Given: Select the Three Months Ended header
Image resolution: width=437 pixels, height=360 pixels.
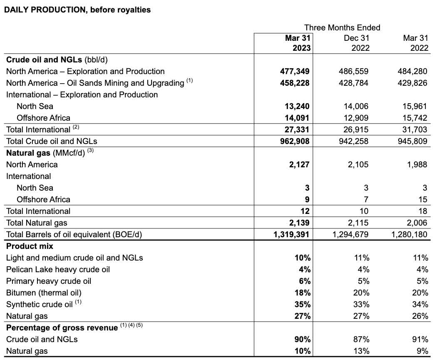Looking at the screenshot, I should pyautogui.click(x=342, y=27).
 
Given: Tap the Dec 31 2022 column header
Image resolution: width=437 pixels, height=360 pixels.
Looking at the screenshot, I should pyautogui.click(x=356, y=43).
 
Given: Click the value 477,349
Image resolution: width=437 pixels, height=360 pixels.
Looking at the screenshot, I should pyautogui.click(x=294, y=71).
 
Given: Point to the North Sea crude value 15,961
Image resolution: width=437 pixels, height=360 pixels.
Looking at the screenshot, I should pyautogui.click(x=413, y=106).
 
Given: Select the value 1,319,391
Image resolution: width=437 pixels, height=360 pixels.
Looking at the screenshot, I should pyautogui.click(x=291, y=234).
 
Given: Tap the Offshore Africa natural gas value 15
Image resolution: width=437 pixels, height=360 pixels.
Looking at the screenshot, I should pyautogui.click(x=422, y=199).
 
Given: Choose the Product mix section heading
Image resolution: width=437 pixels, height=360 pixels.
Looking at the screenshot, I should pyautogui.click(x=30, y=246).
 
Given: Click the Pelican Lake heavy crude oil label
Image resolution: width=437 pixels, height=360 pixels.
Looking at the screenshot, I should pyautogui.click(x=58, y=269).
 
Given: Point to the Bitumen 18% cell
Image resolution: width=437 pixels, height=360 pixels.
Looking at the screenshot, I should pyautogui.click(x=302, y=293).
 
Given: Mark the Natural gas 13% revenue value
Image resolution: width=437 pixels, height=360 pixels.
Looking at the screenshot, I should pyautogui.click(x=360, y=351).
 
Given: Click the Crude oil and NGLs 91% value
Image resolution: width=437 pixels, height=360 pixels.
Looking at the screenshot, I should pyautogui.click(x=420, y=339).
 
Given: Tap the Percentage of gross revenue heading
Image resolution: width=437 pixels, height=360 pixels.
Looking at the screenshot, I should pyautogui.click(x=62, y=328).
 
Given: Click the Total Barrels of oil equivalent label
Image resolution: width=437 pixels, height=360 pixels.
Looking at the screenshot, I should pyautogui.click(x=74, y=234).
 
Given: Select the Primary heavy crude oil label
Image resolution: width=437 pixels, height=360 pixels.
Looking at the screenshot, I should pyautogui.click(x=49, y=281).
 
